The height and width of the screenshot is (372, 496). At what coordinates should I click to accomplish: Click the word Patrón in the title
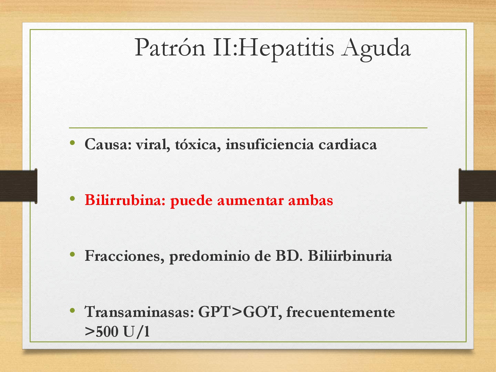tap(170, 48)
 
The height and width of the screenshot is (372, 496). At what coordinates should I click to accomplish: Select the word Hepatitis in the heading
tap(286, 48)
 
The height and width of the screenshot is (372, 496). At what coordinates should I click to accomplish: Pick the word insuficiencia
tap(269, 144)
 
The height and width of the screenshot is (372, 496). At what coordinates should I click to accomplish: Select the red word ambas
tap(310, 200)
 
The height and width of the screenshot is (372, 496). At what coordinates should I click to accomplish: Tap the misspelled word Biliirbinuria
tap(350, 256)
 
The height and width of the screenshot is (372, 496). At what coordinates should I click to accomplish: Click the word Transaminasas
tap(139, 312)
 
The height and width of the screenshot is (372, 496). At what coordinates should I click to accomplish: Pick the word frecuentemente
tap(340, 312)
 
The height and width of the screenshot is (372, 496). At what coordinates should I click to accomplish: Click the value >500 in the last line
tap(101, 332)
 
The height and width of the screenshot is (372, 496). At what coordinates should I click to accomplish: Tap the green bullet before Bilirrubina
tap(72, 198)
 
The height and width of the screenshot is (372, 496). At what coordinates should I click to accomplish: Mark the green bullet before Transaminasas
tap(72, 310)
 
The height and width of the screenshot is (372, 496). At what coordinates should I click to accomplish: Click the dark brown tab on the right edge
tap(477, 186)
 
